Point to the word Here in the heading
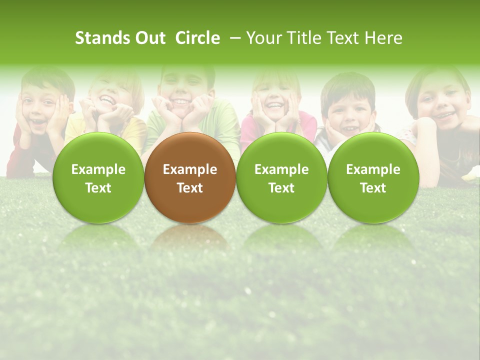pos(383,38)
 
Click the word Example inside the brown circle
pos(190,169)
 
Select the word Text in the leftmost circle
pos(98,188)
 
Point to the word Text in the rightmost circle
pos(373,188)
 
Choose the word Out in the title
pos(150,38)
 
